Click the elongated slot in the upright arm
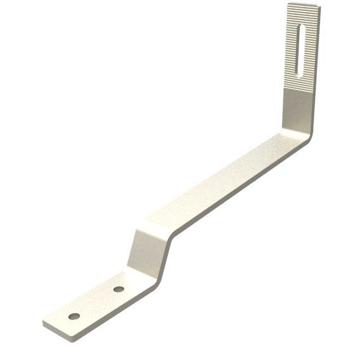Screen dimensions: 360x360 [x=300, y=48]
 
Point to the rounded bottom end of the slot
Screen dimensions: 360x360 [x=299, y=70]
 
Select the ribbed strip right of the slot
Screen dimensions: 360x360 [x=308, y=48]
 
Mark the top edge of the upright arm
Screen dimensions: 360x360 [x=301, y=4]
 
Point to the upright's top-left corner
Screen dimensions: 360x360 [x=288, y=4]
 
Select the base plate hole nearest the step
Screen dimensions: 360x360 [x=118, y=290]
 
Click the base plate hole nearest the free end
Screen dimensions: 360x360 [x=75, y=314]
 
